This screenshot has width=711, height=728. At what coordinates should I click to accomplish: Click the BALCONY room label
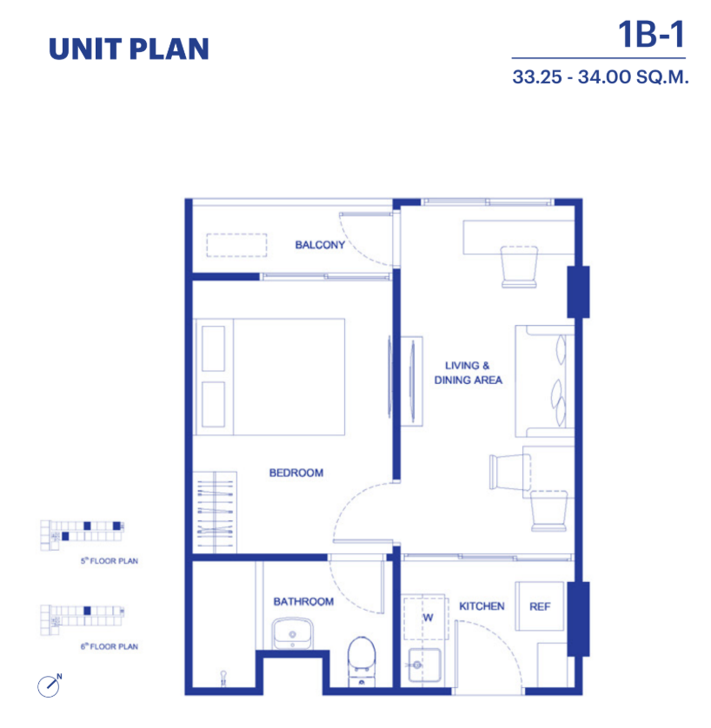point(320,245)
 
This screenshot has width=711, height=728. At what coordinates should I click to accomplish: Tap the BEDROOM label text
point(296,473)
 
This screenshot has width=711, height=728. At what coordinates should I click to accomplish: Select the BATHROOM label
point(303,602)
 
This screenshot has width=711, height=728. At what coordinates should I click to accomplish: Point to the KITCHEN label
point(482,606)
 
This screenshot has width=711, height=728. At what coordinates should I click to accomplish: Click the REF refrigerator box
point(540,606)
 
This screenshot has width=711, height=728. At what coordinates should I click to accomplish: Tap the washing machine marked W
point(425,618)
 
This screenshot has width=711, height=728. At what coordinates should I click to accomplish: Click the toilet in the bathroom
point(362,662)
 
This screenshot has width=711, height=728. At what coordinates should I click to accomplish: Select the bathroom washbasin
point(292,634)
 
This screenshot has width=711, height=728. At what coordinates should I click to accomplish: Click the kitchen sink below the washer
point(424,665)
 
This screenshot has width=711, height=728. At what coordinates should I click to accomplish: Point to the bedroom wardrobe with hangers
point(215,512)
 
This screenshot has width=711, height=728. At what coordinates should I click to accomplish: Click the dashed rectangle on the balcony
point(236,245)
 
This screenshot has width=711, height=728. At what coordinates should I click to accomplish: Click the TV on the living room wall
point(411,381)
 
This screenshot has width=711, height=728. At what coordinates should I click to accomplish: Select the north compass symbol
point(50,685)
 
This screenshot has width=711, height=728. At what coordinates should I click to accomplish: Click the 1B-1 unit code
point(652,35)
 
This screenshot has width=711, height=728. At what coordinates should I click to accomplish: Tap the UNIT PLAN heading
point(129,50)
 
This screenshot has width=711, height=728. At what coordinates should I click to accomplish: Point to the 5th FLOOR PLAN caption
point(110,561)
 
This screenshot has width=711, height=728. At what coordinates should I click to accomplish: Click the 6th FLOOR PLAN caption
point(110,646)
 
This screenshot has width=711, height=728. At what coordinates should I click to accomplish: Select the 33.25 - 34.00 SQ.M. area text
point(600,77)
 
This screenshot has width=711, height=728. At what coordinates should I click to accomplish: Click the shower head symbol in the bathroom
point(223,678)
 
